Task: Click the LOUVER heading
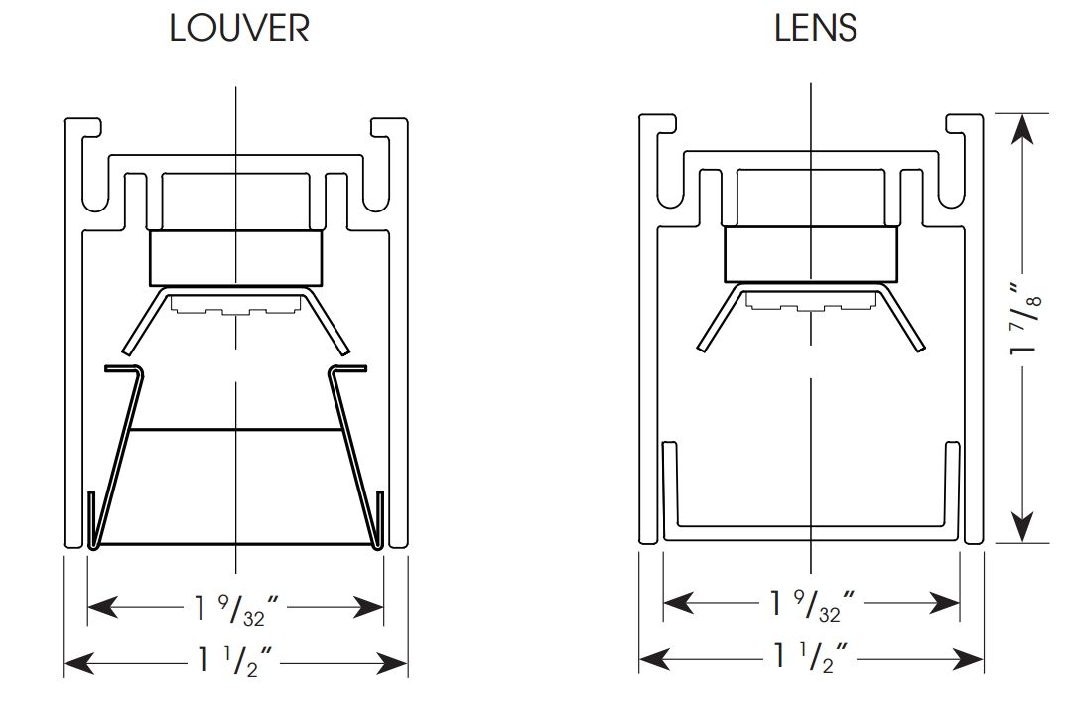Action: coord(239,28)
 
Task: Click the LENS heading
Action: coord(815,28)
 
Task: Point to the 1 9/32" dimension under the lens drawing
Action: coord(811,602)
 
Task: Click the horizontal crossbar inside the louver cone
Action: coord(235,430)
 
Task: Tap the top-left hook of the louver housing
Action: coord(85,127)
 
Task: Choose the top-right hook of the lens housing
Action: coord(964,123)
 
